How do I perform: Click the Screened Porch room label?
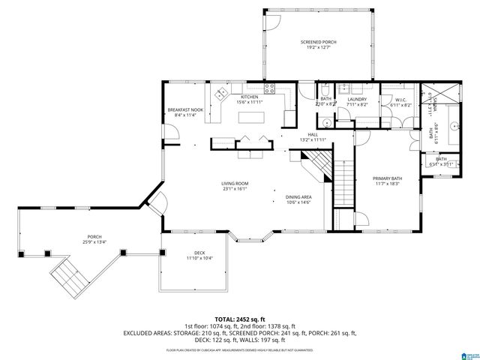click(318, 41)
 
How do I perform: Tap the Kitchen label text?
click(249, 97)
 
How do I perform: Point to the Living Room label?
click(235, 184)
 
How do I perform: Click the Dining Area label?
click(298, 197)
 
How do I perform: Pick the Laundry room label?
click(357, 99)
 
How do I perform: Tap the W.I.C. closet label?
click(397, 99)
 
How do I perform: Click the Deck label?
click(199, 253)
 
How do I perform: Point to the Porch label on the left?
click(94, 236)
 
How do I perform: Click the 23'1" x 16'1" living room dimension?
click(235, 189)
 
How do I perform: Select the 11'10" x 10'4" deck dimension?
click(199, 259)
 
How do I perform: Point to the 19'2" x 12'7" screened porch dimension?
click(318, 47)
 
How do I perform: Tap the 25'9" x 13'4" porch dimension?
click(94, 241)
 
